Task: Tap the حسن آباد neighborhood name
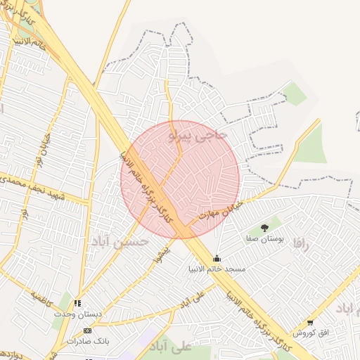click(119, 241)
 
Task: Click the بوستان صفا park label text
click(264, 239)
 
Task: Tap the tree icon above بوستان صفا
click(264, 228)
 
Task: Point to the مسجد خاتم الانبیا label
click(217, 269)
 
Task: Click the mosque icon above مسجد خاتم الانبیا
click(217, 258)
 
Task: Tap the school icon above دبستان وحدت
click(77, 303)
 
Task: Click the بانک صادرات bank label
click(87, 341)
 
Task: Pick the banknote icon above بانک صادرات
click(87, 330)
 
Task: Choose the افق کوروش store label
click(310, 333)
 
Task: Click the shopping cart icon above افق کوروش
click(310, 323)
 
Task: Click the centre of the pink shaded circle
click(180, 179)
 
